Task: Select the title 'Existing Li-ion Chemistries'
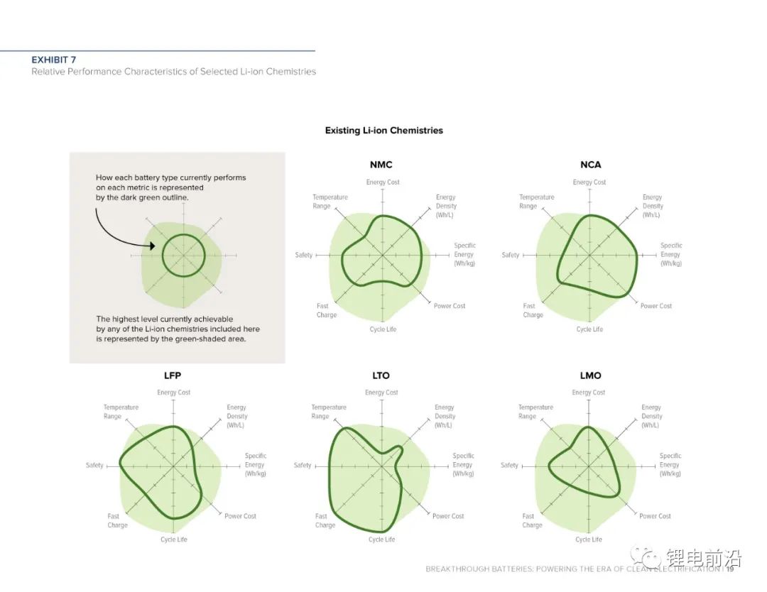(383, 131)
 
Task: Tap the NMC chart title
(381, 165)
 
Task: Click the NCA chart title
(590, 165)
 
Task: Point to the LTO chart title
(381, 376)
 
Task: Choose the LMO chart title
(590, 376)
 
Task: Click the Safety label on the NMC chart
(304, 255)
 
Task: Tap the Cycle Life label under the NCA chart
(589, 329)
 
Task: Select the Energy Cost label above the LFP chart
(174, 393)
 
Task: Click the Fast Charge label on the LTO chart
(324, 521)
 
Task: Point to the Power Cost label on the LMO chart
(655, 516)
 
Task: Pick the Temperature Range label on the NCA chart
(536, 202)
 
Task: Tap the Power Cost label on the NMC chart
(450, 306)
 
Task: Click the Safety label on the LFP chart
(94, 466)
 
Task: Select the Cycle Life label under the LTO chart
(381, 539)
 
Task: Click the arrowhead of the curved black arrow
(153, 246)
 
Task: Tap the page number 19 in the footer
(730, 569)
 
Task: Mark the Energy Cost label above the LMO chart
(588, 393)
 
